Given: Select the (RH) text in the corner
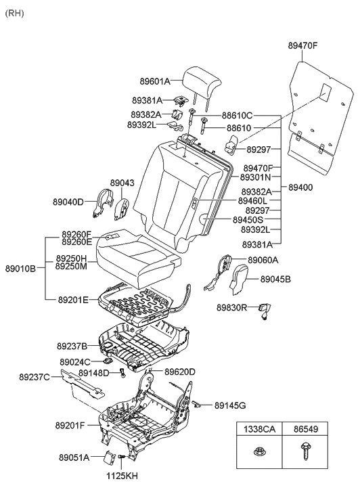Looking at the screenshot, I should [14, 14].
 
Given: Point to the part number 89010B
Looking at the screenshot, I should [20, 268].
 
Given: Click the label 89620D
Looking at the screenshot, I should [180, 372].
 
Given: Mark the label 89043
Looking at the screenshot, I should [122, 183].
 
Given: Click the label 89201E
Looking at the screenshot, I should [73, 299].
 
